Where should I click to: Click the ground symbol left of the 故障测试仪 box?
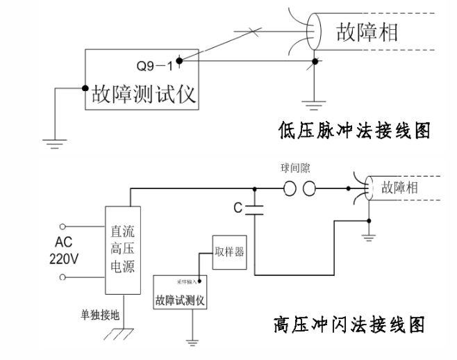(x=52, y=141)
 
